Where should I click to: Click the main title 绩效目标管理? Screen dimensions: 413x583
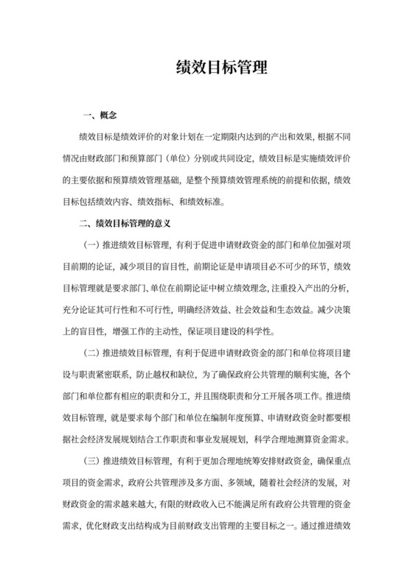[x=206, y=68]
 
